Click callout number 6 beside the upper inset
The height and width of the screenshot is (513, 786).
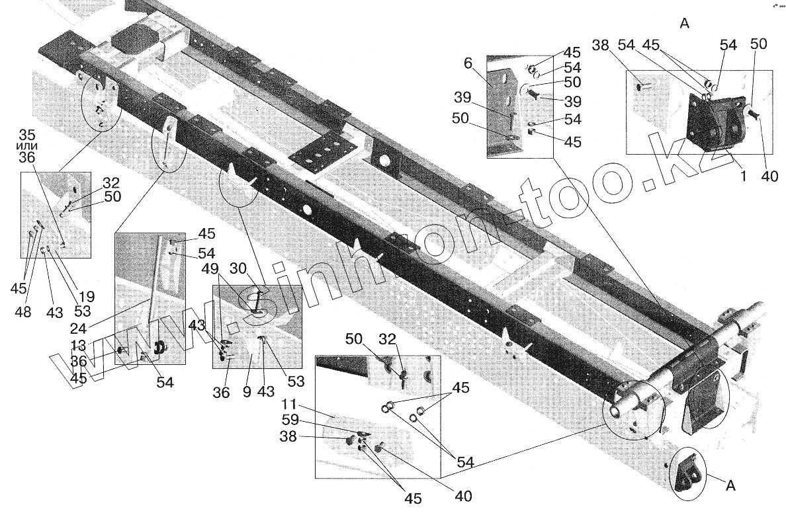click(x=468, y=64)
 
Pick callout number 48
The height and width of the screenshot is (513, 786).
click(x=23, y=313)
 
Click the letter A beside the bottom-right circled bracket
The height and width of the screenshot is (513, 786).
click(x=730, y=488)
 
